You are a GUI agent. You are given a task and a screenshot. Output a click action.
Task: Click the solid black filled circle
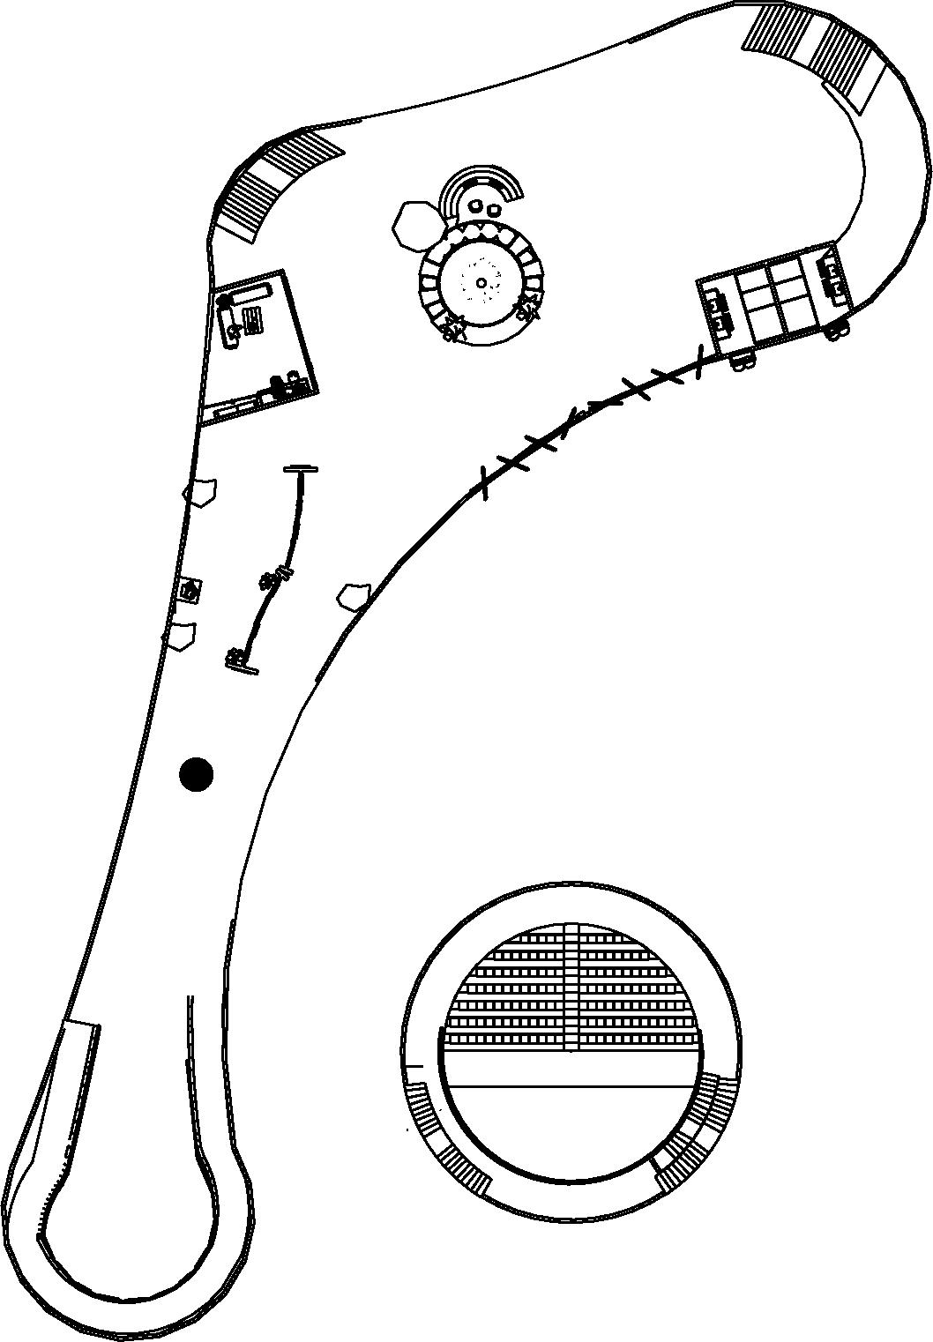(x=196, y=774)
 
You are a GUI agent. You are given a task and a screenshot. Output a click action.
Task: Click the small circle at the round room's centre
(x=481, y=282)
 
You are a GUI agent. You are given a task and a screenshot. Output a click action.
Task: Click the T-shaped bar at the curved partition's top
(x=302, y=470)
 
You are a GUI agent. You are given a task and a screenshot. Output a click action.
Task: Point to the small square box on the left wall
(x=190, y=590)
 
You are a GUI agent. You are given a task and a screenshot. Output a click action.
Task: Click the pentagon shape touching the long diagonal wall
(x=354, y=596)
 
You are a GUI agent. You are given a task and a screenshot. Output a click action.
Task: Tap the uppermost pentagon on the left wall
(x=201, y=492)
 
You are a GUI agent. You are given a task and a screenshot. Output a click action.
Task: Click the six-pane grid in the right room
(x=774, y=299)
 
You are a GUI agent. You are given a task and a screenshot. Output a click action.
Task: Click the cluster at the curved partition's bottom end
(x=238, y=660)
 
